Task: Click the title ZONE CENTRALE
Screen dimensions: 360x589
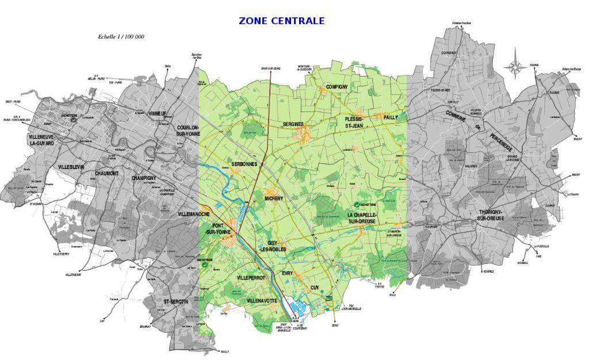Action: tap(281, 21)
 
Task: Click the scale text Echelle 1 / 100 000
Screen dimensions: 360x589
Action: tap(121, 36)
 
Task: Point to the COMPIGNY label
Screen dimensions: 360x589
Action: tap(336, 87)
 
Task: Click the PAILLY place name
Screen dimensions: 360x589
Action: tap(387, 117)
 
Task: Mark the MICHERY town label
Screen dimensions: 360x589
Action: tap(274, 198)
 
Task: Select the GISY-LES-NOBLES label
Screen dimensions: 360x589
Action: tap(273, 246)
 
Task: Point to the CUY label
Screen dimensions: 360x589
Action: tap(314, 288)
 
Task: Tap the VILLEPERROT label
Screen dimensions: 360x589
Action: tap(251, 278)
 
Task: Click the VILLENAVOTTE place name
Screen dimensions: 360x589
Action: tap(262, 301)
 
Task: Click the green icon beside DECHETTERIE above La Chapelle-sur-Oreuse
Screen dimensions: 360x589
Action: tap(357, 204)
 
